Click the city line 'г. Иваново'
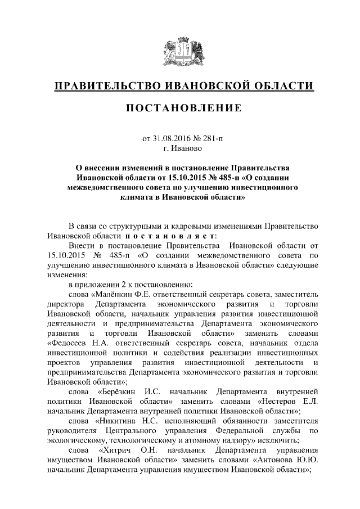click(x=180, y=149)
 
